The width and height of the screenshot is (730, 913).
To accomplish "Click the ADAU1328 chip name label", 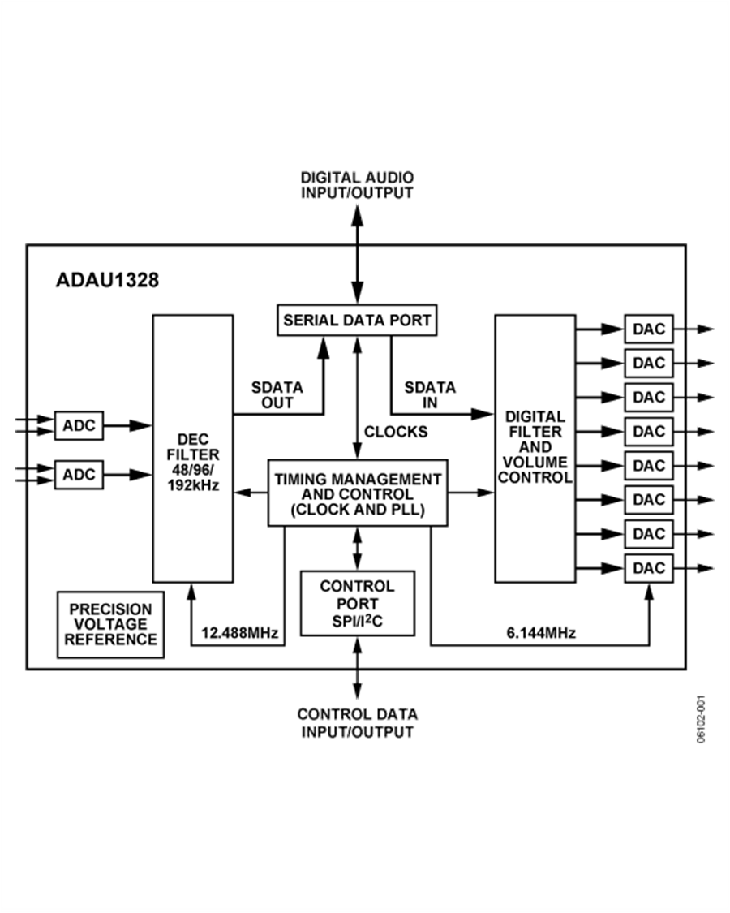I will pyautogui.click(x=107, y=281).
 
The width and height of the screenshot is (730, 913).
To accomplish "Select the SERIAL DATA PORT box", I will pyautogui.click(x=357, y=320).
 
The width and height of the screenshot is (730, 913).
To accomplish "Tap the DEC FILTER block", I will pyautogui.click(x=193, y=448).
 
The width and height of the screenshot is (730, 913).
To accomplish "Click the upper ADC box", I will pyautogui.click(x=79, y=424).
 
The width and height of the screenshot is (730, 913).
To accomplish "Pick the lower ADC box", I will pyautogui.click(x=79, y=474).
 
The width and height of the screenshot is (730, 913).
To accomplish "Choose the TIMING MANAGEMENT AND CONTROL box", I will pyautogui.click(x=358, y=493).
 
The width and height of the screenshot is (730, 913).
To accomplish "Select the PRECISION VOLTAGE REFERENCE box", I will pyautogui.click(x=110, y=624).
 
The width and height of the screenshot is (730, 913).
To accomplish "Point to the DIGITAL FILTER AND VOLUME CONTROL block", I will pyautogui.click(x=535, y=448).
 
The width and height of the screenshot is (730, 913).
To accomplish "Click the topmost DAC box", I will pyautogui.click(x=648, y=329).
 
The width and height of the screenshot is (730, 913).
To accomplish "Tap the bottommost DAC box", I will pyautogui.click(x=648, y=568).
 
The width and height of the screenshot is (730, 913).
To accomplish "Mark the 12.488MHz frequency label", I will pyautogui.click(x=240, y=633).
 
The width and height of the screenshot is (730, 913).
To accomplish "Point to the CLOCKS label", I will pyautogui.click(x=396, y=432).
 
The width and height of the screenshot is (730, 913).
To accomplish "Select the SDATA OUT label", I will pyautogui.click(x=277, y=395).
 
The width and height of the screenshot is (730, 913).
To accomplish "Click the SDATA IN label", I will pyautogui.click(x=430, y=395).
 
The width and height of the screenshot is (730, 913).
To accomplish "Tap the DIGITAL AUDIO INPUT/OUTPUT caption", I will pyautogui.click(x=358, y=185).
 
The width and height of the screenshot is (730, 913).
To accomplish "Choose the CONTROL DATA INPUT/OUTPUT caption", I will pyautogui.click(x=358, y=722).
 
